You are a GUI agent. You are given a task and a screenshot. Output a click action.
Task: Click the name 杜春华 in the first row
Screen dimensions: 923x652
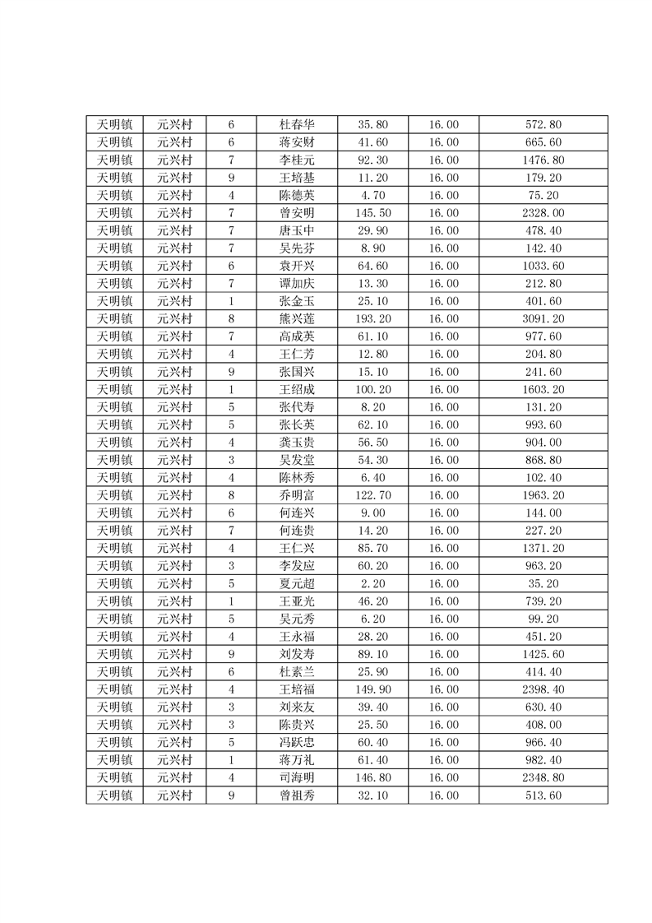[x=297, y=125]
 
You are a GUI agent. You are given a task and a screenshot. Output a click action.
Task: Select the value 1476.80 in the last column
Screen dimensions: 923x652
[x=543, y=160]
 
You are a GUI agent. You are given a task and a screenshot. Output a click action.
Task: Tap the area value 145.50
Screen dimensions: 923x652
[x=372, y=213]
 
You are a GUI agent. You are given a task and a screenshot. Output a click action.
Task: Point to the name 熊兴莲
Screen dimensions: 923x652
[x=297, y=319]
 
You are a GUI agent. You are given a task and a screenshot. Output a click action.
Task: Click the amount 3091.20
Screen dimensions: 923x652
[x=543, y=319]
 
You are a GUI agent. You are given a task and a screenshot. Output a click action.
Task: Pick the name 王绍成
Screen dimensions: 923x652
[x=297, y=390]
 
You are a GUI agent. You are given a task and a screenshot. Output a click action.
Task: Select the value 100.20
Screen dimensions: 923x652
[x=372, y=390]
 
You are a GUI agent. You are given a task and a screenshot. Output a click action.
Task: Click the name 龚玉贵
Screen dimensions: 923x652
[x=297, y=443]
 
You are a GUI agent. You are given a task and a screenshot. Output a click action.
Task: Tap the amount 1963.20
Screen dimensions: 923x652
[x=543, y=495]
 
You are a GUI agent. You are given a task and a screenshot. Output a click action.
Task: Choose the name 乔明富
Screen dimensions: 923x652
[x=297, y=495]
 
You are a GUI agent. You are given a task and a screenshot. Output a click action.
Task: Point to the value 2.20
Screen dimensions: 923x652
[x=372, y=584]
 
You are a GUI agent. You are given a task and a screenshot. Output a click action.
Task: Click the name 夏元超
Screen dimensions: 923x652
[x=297, y=584]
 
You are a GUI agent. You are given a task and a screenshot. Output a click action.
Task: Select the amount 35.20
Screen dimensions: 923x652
[x=543, y=584]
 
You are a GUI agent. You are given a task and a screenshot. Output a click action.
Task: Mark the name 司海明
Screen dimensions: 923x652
[x=297, y=778]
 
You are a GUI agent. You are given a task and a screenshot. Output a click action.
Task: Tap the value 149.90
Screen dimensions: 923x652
[x=372, y=689]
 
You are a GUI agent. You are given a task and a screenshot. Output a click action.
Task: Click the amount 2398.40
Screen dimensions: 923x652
[x=543, y=689]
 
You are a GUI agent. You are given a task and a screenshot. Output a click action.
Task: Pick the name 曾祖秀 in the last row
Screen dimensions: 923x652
[x=297, y=795]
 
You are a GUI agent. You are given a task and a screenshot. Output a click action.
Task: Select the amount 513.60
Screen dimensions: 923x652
[x=543, y=795]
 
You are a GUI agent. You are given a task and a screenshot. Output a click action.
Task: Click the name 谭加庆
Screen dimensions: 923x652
[x=297, y=284]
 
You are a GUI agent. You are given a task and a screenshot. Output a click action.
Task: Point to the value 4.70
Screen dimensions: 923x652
[x=372, y=196]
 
